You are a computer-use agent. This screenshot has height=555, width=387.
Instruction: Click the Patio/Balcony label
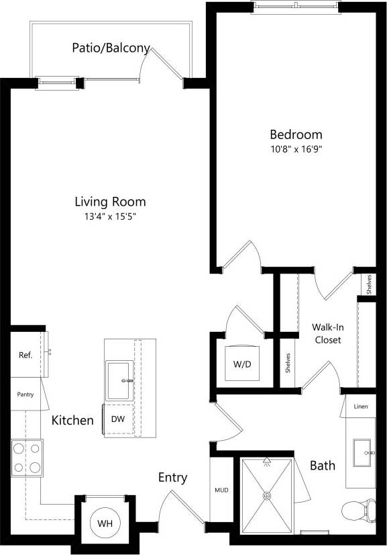coord(111,48)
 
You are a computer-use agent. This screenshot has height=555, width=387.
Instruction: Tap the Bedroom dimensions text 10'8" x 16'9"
coord(296,149)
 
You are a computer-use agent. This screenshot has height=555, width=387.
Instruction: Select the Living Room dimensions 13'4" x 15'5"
coord(110,216)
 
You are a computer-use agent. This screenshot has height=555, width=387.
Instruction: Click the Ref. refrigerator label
coord(25,355)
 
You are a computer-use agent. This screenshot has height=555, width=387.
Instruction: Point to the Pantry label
coord(25,395)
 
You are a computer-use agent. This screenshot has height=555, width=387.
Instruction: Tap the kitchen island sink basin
coord(119,381)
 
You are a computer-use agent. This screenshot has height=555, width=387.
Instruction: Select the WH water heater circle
coord(104,523)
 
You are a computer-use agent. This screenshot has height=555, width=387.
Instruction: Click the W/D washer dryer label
coord(242,365)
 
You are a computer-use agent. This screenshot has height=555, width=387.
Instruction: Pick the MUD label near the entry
coord(221,490)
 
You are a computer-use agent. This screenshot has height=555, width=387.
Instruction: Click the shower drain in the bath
coord(267,496)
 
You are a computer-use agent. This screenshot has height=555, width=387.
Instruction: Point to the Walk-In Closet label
coord(327,333)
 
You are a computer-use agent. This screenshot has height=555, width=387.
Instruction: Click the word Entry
coord(172,478)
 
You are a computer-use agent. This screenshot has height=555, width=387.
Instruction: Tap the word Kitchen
coord(72,421)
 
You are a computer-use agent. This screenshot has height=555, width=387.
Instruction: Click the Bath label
coord(323,465)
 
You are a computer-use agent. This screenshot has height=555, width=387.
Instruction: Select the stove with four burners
coord(25,458)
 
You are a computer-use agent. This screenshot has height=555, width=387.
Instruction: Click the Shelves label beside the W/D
coord(288,363)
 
